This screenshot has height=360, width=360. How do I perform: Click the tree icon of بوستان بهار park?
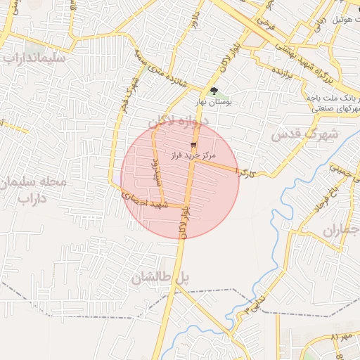tap(214, 91)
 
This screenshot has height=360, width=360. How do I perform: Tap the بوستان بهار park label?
tap(214, 103)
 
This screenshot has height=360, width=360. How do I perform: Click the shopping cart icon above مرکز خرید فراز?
tap(193, 143)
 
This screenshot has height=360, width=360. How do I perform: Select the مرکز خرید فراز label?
tap(193, 153)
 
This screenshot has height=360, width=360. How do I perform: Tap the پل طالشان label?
tap(160, 278)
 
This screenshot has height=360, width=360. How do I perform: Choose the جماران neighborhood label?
tap(341, 230)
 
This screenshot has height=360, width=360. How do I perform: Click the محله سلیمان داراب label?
tap(34, 190)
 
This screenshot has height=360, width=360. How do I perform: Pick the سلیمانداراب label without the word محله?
tap(34, 58)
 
